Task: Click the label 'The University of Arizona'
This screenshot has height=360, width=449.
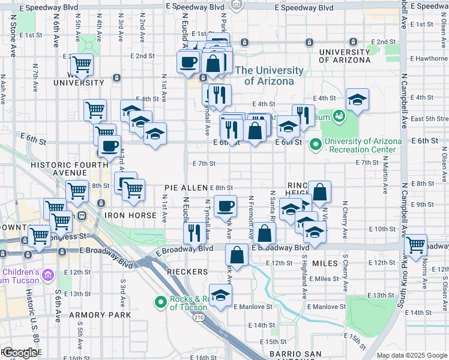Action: (x=265, y=76)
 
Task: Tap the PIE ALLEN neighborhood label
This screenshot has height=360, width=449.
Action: (x=185, y=188)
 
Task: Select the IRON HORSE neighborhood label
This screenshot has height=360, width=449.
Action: (x=125, y=214)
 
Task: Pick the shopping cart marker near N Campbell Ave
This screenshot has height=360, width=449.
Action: (x=416, y=244)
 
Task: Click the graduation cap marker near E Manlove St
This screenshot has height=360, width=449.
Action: (x=221, y=295)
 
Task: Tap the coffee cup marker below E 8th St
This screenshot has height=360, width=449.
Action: (x=225, y=206)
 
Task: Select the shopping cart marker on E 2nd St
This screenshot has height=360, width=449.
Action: (x=82, y=63)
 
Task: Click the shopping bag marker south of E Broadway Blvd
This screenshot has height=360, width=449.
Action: (x=237, y=254)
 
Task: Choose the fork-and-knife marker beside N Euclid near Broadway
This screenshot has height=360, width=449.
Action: (x=194, y=232)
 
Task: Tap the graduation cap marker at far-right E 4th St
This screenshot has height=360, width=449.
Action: (x=357, y=100)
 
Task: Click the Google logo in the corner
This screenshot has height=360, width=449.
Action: (x=20, y=353)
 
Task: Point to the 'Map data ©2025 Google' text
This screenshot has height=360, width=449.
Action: (x=412, y=355)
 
